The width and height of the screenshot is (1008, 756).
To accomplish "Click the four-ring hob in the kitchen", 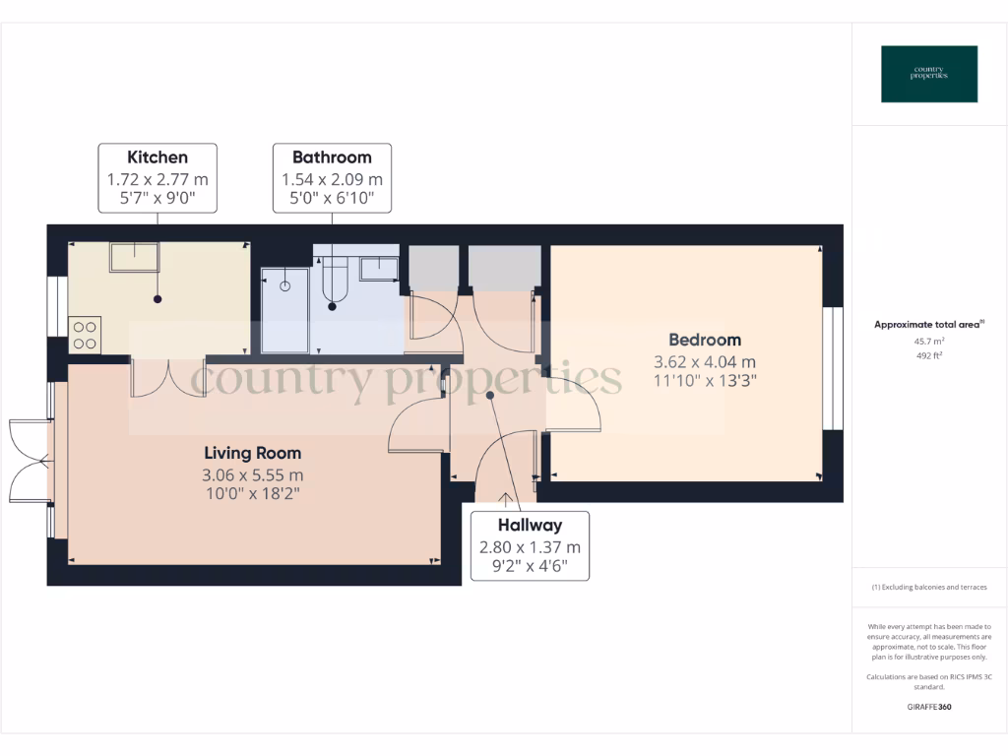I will click(85, 334).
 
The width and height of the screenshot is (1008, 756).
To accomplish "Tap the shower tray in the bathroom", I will click(285, 310).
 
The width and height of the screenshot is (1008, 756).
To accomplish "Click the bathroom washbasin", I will click(378, 269).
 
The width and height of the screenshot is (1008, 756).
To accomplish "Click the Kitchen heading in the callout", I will click(157, 157).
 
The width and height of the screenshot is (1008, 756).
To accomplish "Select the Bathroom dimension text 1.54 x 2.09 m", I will click(332, 180).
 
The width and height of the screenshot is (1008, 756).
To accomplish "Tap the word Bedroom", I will click(704, 341).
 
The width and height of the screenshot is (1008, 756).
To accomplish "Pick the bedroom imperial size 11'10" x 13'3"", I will click(704, 380).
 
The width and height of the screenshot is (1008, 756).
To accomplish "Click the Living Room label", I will click(253, 454).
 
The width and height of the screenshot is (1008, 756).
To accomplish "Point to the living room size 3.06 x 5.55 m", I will click(253, 474).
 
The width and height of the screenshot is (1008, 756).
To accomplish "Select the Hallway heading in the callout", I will click(530, 526).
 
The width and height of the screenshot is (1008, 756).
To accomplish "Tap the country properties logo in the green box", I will click(929, 74).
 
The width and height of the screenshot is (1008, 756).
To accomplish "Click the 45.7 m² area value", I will click(929, 341).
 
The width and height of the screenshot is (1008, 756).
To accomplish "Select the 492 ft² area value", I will click(929, 355).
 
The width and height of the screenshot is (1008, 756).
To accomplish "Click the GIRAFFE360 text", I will click(929, 707).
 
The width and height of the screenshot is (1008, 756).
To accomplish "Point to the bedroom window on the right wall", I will click(833, 368).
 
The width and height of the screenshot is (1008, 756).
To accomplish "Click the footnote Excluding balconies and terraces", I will click(929, 588).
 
